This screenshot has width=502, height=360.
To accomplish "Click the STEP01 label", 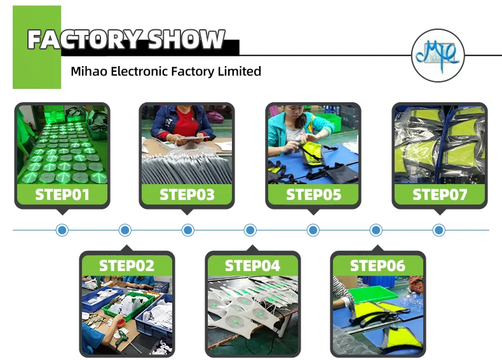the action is pyautogui.click(x=62, y=194).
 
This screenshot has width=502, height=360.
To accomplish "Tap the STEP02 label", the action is pyautogui.click(x=126, y=265).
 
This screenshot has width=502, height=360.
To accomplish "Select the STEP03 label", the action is pyautogui.click(x=187, y=194).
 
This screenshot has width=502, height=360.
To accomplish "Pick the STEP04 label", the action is pyautogui.click(x=252, y=265).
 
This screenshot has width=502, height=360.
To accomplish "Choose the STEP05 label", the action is pyautogui.click(x=313, y=194).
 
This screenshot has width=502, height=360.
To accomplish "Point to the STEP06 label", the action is pyautogui.click(x=377, y=265).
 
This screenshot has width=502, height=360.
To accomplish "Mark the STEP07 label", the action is pyautogui.click(x=439, y=194).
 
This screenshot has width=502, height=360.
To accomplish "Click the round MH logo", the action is pyautogui.click(x=438, y=55).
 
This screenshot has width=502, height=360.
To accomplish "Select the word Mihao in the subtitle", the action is pyautogui.click(x=88, y=71).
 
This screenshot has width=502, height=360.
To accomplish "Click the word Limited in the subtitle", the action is pyautogui.click(x=237, y=71).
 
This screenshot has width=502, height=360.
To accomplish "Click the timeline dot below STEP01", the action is pyautogui.click(x=62, y=230).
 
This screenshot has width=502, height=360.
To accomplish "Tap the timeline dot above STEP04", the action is pyautogui.click(x=250, y=230).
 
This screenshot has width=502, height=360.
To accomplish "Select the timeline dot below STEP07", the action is pyautogui.click(x=439, y=230).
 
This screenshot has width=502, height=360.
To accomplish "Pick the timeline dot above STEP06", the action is pyautogui.click(x=376, y=230).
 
